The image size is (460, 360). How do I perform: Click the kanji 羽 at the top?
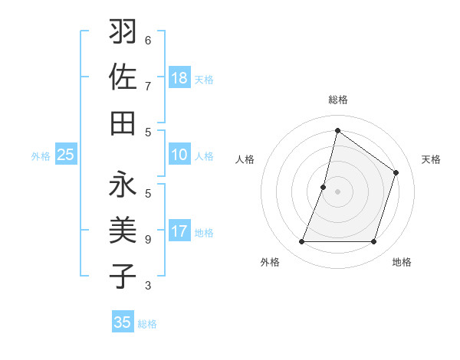123,33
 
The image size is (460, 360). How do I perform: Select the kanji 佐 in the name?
123,77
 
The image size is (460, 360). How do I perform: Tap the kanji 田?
123,123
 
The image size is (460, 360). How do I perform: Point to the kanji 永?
123,187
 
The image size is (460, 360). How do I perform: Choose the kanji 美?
123,231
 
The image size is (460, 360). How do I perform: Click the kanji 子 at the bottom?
123,277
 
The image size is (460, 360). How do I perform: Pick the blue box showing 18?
179,78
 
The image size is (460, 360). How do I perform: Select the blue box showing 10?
179,155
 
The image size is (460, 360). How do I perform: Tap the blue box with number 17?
179,231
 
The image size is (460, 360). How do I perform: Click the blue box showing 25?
66,155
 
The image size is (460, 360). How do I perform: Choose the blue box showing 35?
123,322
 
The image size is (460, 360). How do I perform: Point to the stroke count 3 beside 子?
148,286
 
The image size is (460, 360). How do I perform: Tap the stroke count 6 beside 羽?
148,40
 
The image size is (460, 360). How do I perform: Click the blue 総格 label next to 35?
147,324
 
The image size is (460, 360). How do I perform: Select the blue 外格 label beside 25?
41,156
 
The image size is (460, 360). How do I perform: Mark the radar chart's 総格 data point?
337,130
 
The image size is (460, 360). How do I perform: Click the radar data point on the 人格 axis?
324,187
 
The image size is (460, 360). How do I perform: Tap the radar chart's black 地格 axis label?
402,262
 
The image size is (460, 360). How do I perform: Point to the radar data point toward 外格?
301,242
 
